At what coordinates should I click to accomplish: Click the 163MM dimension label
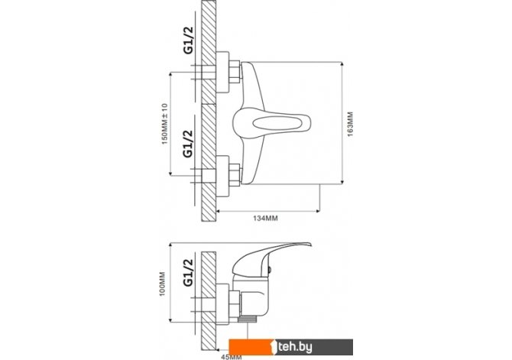pos(350,124)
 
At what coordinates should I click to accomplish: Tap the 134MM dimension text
pos(265,219)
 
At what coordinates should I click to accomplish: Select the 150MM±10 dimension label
pos(164,124)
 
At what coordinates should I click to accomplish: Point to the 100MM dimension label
pos(162,284)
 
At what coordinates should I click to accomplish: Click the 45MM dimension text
pos(232,357)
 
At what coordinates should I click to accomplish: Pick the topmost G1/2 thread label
pos(189,40)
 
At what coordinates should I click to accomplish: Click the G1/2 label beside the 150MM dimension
pos(189,144)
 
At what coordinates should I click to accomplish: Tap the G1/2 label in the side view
pos(189,272)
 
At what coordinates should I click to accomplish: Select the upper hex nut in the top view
pos(235,72)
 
